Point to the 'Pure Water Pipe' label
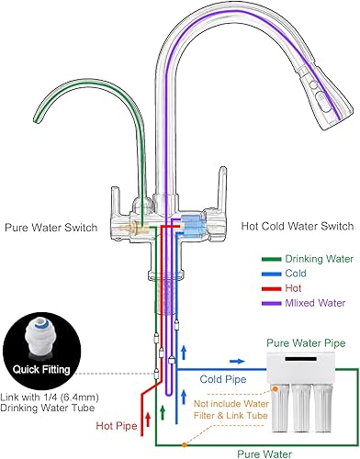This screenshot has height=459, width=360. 305,343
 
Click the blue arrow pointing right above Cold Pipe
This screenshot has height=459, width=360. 236,363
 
